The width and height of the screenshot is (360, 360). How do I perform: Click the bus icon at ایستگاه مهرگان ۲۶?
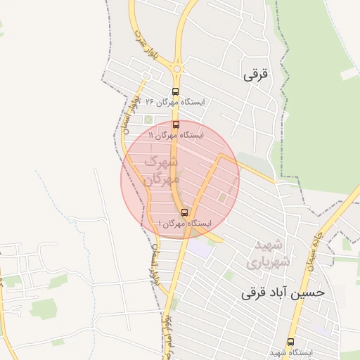(175, 91)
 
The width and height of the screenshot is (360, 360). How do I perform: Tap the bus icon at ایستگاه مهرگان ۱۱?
(175, 124)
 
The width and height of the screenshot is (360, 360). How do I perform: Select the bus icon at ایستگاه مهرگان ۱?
(184, 212)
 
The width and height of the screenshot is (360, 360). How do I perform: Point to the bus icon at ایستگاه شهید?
(291, 342)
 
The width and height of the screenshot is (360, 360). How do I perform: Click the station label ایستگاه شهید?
(291, 352)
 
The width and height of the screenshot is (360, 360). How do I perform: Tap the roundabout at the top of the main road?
(176, 69)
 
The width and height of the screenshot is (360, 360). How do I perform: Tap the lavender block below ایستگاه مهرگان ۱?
(201, 247)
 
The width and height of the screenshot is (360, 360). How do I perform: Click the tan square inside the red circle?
(222, 198)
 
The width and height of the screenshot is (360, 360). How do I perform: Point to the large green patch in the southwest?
(44, 308)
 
